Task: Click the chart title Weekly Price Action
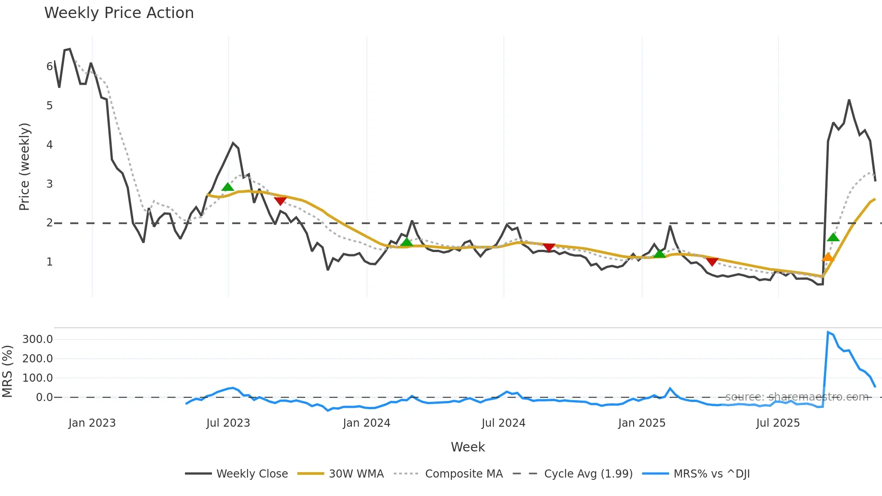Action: point(119,13)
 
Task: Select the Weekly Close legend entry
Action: point(252,474)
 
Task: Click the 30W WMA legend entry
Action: point(356,474)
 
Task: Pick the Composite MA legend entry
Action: point(463,474)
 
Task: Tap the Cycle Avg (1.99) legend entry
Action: point(588,474)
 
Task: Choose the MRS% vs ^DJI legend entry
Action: point(711,474)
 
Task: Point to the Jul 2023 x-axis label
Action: point(228,423)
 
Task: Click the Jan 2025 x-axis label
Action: point(641,423)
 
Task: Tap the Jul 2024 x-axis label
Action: point(503,423)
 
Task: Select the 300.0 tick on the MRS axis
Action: point(38,339)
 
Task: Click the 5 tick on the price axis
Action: point(49,106)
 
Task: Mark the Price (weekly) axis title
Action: point(24,167)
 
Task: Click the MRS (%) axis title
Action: point(7,371)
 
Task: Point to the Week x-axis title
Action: point(468,447)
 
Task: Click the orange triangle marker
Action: point(828,257)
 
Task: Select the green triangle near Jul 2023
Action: point(228,187)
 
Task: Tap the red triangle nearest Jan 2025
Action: point(712,262)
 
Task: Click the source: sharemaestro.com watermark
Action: point(796,397)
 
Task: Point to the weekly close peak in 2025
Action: point(849,100)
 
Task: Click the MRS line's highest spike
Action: point(828,332)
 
